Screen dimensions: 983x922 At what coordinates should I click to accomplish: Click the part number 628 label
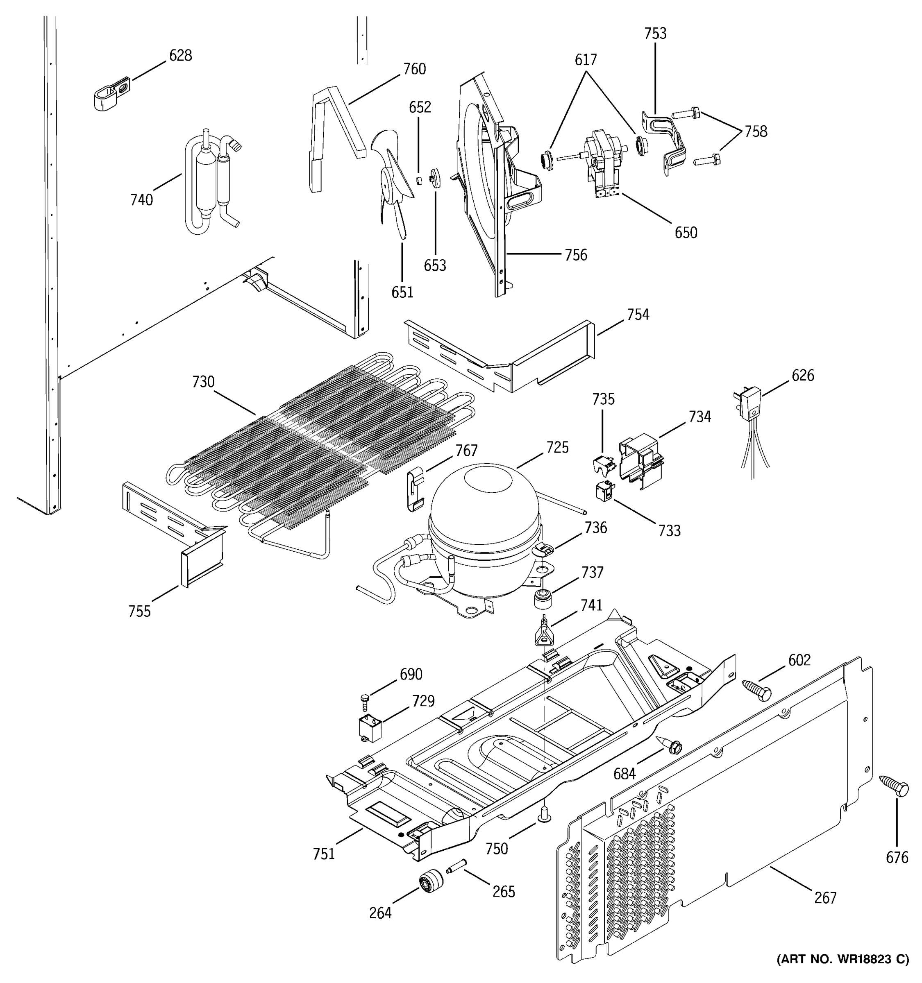coord(181,55)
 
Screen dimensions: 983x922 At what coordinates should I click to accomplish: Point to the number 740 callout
coord(141,200)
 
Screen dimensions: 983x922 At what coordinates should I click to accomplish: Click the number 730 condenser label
coord(203,382)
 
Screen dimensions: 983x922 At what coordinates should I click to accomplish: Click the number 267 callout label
coord(825,897)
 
